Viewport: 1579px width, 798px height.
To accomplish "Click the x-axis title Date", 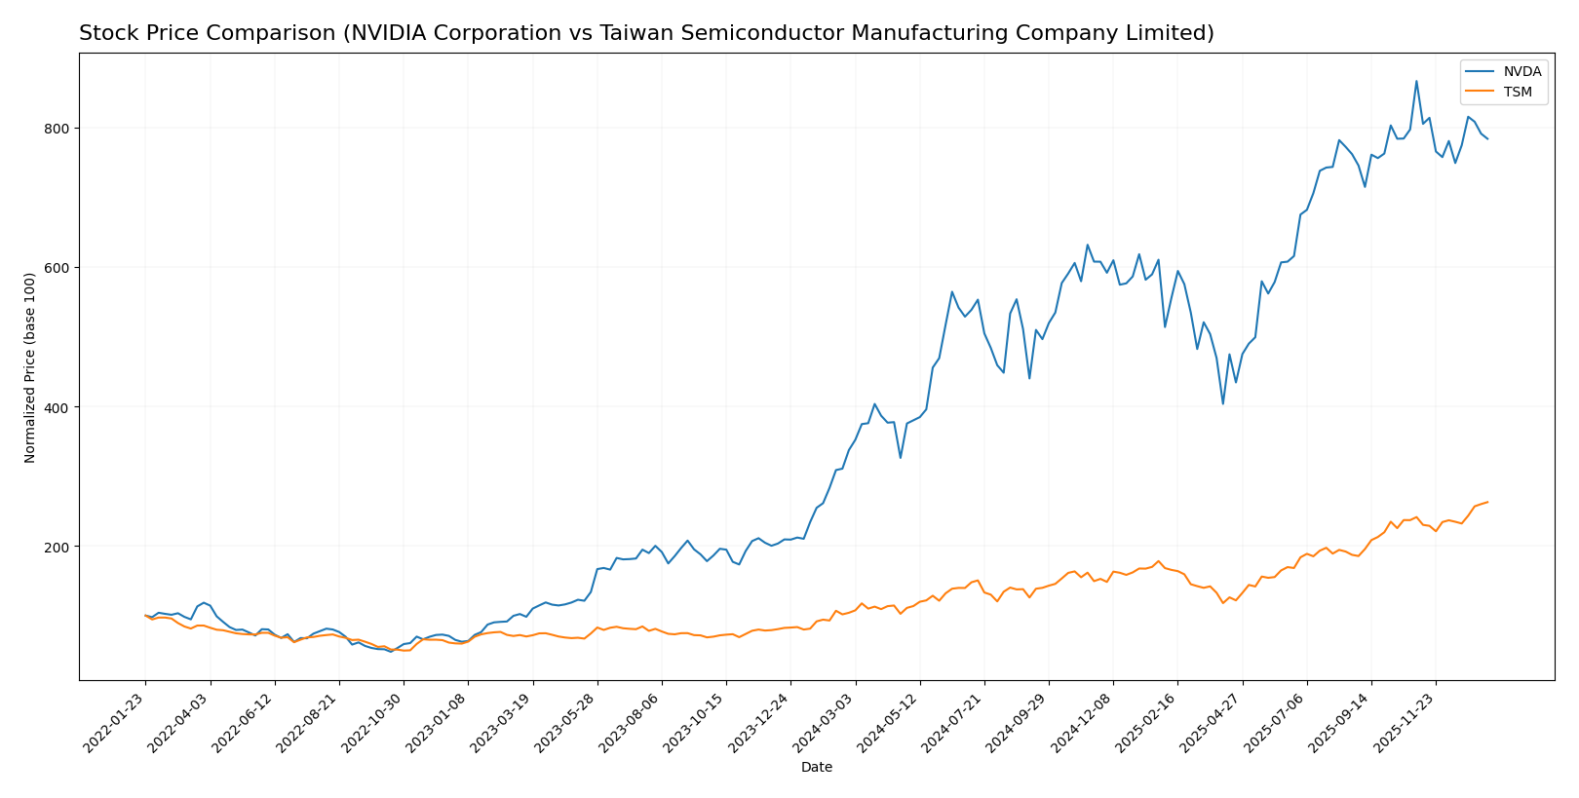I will pos(816,768).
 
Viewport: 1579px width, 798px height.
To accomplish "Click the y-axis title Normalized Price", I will pos(30,367).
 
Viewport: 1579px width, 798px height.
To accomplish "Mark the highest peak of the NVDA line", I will pos(1416,81).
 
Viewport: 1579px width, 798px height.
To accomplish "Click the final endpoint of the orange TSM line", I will pos(1487,502).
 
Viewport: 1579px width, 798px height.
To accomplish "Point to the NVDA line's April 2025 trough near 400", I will pos(1223,403).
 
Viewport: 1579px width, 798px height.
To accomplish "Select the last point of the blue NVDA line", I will pos(1487,139).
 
